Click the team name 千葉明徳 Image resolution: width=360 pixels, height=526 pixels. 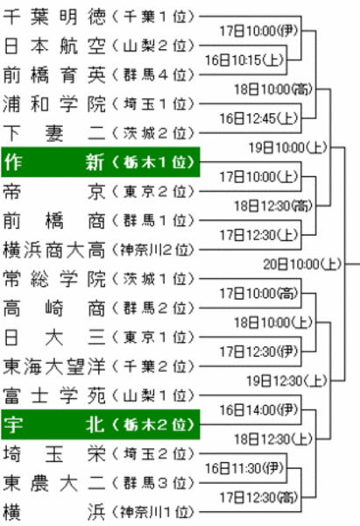click(54, 17)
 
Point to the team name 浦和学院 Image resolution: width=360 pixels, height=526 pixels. click(54, 104)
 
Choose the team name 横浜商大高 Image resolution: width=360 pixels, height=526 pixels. click(54, 250)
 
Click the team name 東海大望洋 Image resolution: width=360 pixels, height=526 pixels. click(54, 366)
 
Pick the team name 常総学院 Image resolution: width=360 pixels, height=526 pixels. click(54, 279)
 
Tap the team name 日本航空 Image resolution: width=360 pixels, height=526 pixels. click(54, 46)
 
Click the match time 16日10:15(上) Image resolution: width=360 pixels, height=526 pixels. click(244, 60)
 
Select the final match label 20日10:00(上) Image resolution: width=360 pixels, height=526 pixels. click(302, 265)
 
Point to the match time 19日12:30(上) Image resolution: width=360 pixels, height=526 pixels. click(287, 381)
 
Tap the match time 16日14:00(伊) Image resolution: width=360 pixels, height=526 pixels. click(258, 410)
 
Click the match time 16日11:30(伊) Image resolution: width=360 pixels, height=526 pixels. click(244, 468)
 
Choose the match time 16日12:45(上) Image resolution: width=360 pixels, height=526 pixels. click(258, 118)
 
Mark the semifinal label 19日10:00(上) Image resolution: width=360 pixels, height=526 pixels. click(288, 147)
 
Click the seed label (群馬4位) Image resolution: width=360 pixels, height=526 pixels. click(153, 75)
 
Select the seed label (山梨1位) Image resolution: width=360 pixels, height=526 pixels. click(153, 396)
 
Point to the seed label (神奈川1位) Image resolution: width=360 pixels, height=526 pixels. click(153, 512)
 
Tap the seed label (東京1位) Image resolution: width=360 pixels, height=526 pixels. click(153, 338)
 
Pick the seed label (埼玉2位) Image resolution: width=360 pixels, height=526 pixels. click(153, 454)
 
